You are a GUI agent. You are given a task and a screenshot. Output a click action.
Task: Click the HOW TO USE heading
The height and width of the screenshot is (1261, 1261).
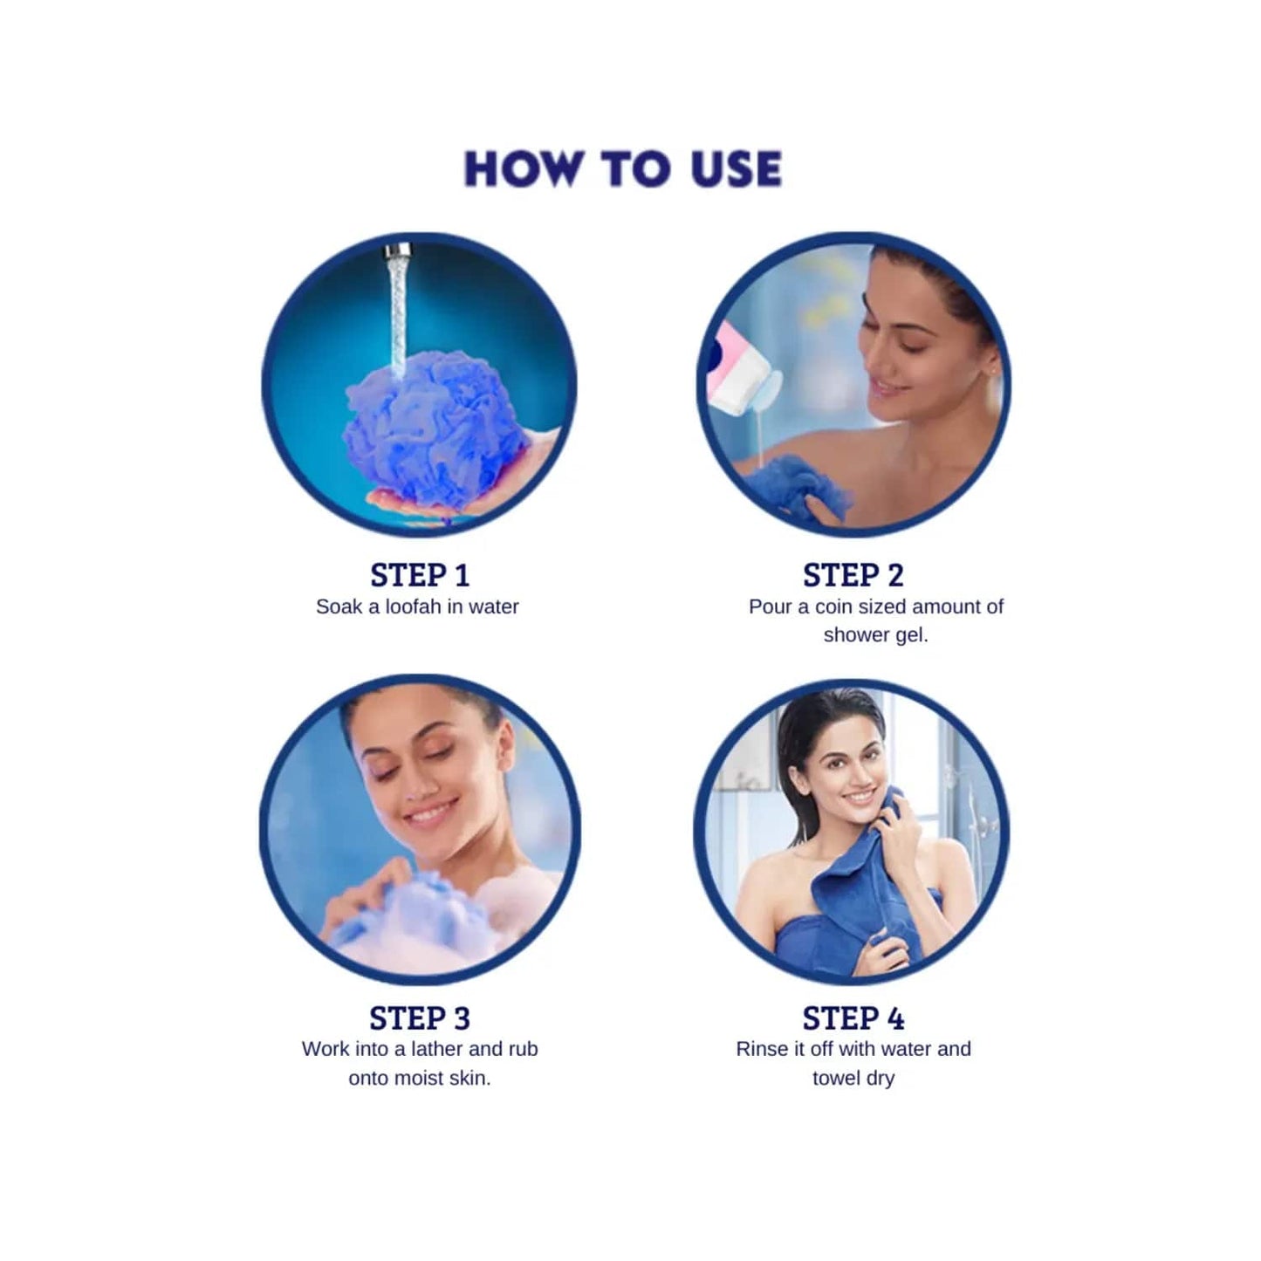[x=622, y=169]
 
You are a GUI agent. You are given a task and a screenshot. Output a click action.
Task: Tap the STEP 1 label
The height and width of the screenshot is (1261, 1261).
[x=420, y=576]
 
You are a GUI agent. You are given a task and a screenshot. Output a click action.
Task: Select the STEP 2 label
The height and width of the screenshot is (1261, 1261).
[x=853, y=576]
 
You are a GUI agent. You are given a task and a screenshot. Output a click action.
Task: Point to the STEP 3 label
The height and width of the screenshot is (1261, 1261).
[x=420, y=1018]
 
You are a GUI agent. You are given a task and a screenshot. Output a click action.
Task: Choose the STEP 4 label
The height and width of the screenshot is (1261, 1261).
[x=853, y=1018]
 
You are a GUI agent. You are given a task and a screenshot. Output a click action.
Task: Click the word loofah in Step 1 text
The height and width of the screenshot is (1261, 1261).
[x=414, y=607]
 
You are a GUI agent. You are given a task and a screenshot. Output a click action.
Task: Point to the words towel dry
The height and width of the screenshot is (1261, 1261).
[x=853, y=1079]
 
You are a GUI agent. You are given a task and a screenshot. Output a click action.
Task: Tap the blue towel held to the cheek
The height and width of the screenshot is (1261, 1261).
[x=860, y=873]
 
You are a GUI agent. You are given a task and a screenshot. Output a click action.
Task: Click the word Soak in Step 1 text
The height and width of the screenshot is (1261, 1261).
[x=339, y=607]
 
